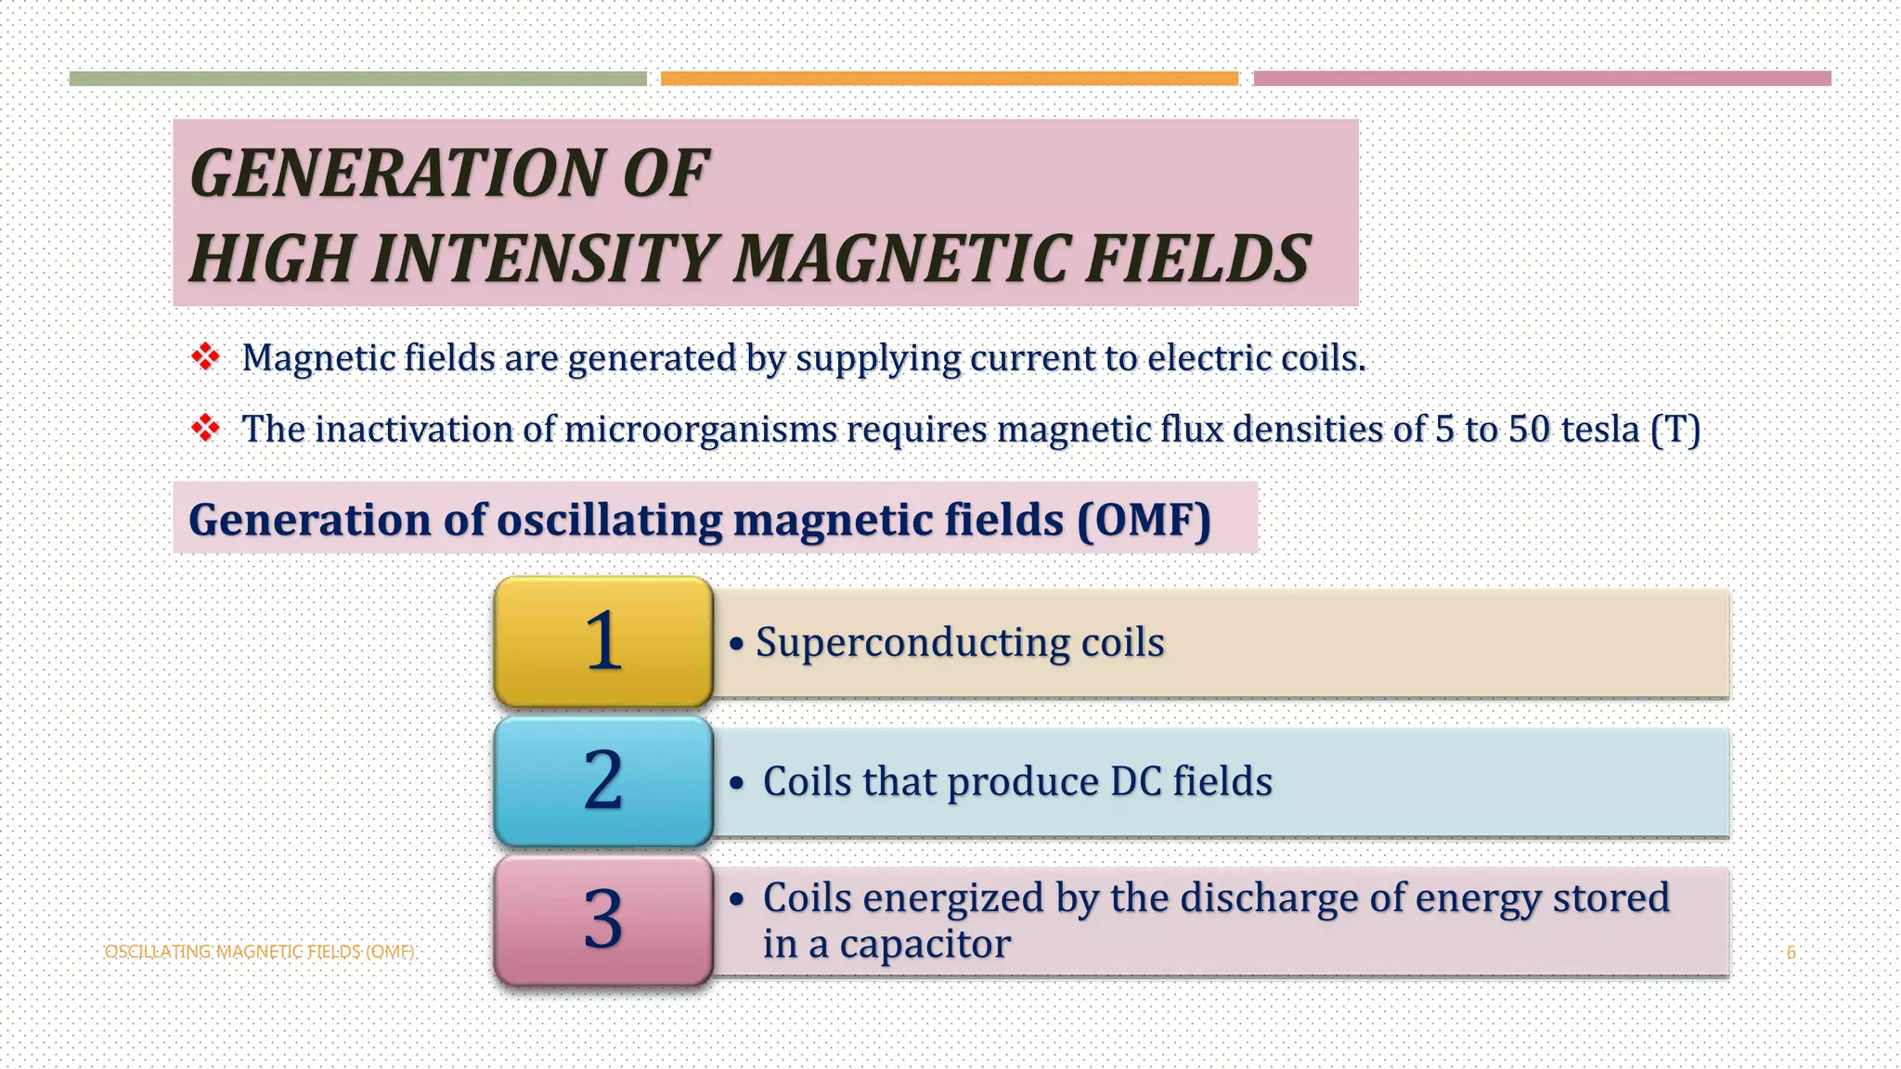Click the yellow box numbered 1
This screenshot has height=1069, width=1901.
603,642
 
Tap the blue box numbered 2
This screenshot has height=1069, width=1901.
603,781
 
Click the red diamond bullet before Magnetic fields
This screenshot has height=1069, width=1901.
205,357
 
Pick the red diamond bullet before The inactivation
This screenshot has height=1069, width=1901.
205,429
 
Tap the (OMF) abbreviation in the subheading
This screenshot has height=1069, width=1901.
1144,520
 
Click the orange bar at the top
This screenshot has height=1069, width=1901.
949,79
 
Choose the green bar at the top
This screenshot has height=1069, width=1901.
357,79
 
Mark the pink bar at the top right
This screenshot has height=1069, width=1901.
1542,79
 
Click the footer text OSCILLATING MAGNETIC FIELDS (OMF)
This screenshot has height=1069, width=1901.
259,952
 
